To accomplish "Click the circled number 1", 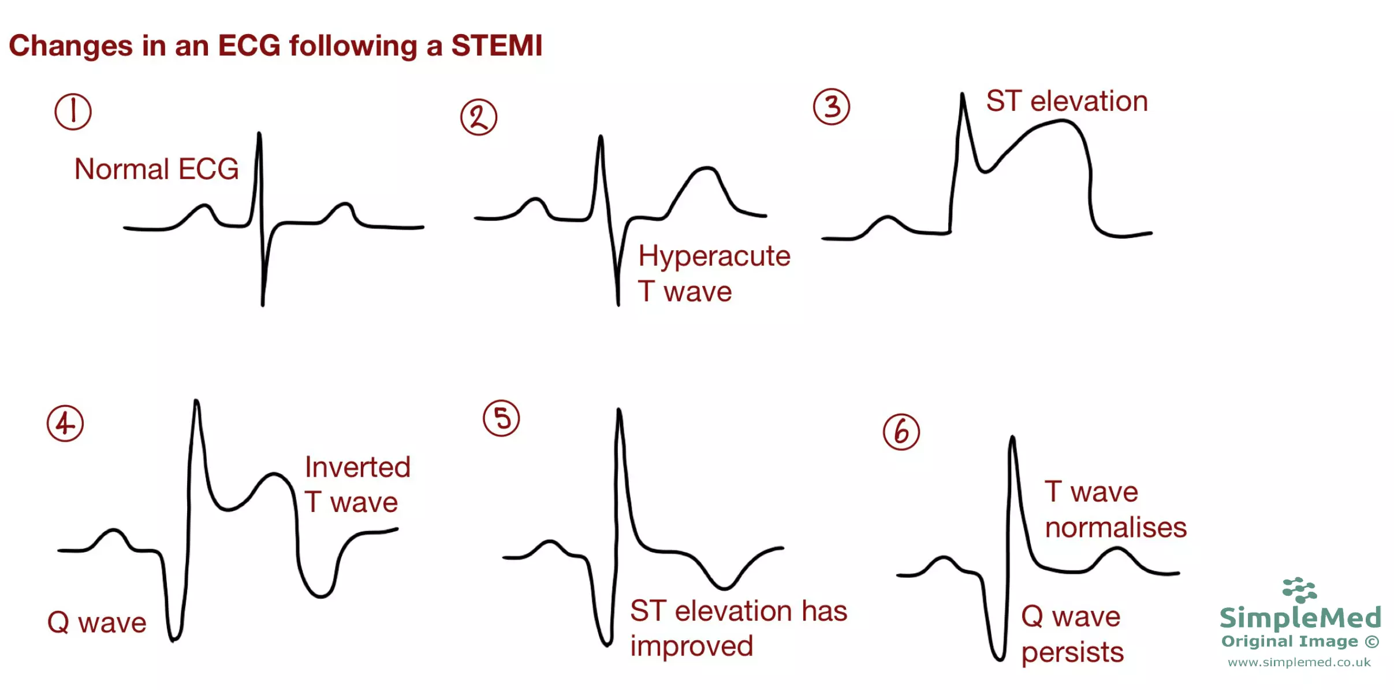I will coord(73,112).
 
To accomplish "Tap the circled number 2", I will coord(479,117).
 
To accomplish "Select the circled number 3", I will coord(832,107).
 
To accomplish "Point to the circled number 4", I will coord(65,423).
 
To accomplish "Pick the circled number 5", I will coord(501,418).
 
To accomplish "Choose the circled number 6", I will coord(901,432).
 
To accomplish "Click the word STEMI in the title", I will coord(497,46).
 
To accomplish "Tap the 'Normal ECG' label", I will coord(156,169).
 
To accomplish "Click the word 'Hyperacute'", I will coord(714,256).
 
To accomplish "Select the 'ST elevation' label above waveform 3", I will coord(1067,102).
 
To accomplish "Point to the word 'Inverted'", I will coord(357,467).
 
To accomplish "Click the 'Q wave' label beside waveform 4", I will coord(97,623).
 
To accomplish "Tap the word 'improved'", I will coord(691,646).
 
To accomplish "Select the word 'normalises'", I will coord(1116,528).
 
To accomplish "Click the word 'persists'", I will coord(1072,652).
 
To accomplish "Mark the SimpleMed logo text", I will coord(1300,617).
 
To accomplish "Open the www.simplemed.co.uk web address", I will coord(1299,662).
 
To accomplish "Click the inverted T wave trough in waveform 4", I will coord(320,595).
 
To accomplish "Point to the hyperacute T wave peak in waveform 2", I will coord(705,168).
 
